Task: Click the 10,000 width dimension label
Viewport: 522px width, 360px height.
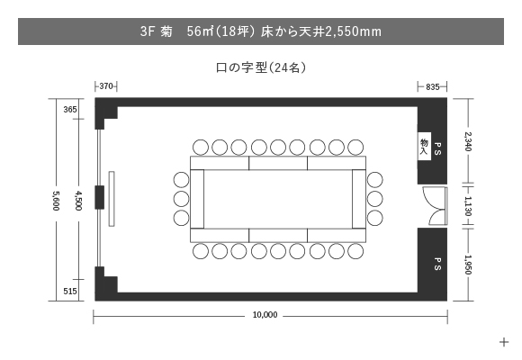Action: pyautogui.click(x=265, y=315)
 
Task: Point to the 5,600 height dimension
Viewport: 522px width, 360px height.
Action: pyautogui.click(x=56, y=201)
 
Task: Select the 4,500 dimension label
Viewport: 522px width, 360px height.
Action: pyautogui.click(x=78, y=201)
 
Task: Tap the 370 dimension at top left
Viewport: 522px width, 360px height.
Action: pyautogui.click(x=106, y=86)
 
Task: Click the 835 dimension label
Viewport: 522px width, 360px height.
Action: pyautogui.click(x=432, y=87)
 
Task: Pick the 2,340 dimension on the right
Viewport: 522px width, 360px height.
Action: pyautogui.click(x=468, y=141)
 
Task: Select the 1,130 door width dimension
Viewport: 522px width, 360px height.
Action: pyautogui.click(x=468, y=206)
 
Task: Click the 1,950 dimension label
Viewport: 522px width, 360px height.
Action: pyautogui.click(x=468, y=265)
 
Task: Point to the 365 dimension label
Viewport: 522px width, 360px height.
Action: pyautogui.click(x=70, y=110)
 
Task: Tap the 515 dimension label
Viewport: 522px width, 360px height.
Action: pyautogui.click(x=70, y=292)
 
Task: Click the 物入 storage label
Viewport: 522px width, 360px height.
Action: pyautogui.click(x=424, y=147)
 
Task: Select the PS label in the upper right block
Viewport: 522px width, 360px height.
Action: pyautogui.click(x=437, y=148)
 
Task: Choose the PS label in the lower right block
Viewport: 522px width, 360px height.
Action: pyautogui.click(x=437, y=264)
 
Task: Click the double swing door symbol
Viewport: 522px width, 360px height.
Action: pyautogui.click(x=436, y=206)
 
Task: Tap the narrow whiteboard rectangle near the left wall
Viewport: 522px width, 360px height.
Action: pyautogui.click(x=112, y=199)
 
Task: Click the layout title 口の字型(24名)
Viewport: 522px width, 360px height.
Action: pyautogui.click(x=261, y=67)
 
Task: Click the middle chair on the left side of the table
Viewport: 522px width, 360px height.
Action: pyautogui.click(x=182, y=199)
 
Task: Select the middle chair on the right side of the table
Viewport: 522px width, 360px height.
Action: pyautogui.click(x=375, y=199)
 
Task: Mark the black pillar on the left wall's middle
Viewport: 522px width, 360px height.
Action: pyautogui.click(x=100, y=197)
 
